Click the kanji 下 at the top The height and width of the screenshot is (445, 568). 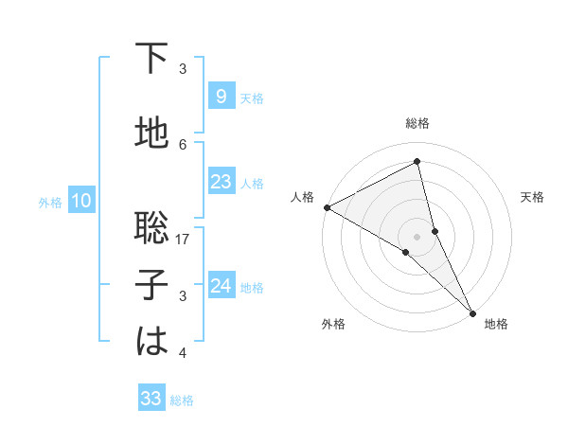151,60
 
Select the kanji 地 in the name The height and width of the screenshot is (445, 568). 151,134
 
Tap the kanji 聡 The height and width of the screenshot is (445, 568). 151,228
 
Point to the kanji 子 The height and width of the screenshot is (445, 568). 151,285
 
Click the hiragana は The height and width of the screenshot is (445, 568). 151,342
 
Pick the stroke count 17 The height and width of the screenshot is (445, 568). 184,240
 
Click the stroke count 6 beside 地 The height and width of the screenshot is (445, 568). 183,144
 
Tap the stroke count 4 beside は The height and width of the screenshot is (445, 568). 183,353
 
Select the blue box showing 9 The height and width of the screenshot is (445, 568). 221,97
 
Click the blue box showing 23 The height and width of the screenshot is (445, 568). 221,182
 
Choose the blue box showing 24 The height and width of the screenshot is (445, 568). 221,286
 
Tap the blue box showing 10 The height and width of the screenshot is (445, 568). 80,201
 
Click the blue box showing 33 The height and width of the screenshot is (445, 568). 151,399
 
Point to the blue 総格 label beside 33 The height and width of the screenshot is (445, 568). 182,400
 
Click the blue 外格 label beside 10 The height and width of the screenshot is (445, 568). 50,202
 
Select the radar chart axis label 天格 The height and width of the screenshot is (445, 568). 532,197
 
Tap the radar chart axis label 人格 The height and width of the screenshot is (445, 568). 302,197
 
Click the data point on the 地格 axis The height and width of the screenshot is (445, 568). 473,311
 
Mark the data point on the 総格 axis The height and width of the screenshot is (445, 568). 417,162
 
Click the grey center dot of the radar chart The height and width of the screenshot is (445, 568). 417,235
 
